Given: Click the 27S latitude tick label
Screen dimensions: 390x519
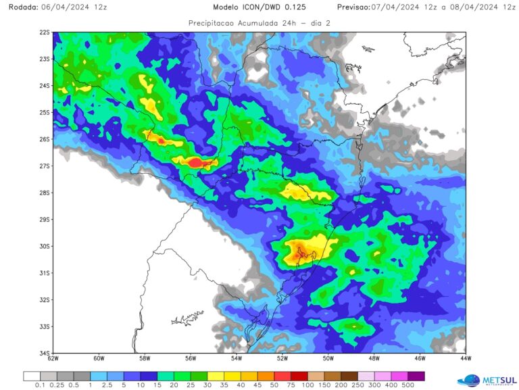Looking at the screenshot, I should (x=45, y=166).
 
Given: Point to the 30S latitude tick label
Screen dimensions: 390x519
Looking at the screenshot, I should (x=45, y=246).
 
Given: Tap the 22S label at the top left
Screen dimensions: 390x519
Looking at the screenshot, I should (x=45, y=32).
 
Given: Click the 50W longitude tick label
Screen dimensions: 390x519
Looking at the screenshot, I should (x=328, y=358).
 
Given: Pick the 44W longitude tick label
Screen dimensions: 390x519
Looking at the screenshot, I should (x=465, y=358).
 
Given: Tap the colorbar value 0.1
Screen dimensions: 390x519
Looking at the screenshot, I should (x=40, y=385).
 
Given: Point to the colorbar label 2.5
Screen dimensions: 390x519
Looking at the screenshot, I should (x=107, y=385).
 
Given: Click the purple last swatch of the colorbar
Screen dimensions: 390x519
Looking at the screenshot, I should (x=416, y=376).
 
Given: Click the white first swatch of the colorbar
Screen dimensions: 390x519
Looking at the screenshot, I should (x=32, y=376).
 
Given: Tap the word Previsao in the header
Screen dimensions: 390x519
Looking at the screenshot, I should (x=353, y=7).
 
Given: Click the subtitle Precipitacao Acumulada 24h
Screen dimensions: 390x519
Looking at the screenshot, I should (x=237, y=22).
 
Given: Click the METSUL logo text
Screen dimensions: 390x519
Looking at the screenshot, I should (x=499, y=381).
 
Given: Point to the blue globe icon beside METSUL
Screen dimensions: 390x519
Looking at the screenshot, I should (x=469, y=381).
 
